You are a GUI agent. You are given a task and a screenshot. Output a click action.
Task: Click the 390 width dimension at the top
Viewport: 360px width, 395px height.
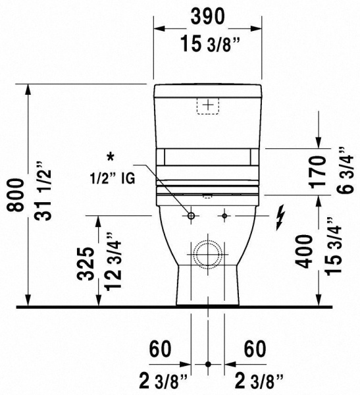click(208, 16)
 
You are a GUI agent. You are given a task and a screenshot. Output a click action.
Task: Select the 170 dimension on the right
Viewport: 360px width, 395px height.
click(317, 171)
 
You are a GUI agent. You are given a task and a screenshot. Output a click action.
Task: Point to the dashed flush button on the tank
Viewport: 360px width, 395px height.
click(208, 105)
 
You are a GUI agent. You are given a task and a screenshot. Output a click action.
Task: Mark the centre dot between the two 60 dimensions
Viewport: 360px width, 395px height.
click(208, 363)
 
